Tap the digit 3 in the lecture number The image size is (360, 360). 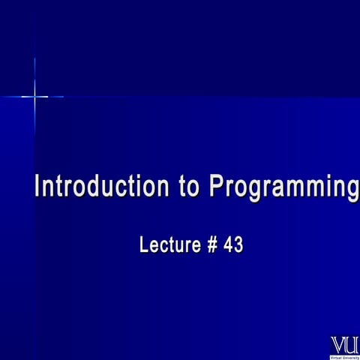239,245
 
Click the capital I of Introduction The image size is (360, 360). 39,185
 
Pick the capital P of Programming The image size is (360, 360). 216,185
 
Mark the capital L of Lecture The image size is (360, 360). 144,245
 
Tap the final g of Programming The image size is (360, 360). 352,189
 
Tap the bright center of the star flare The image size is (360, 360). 34,96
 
